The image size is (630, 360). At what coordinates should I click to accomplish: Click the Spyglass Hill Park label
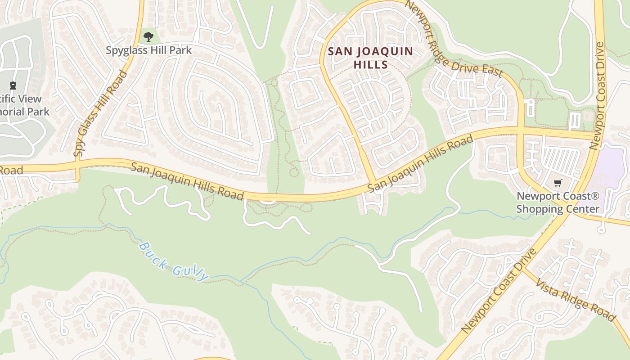coord(148,50)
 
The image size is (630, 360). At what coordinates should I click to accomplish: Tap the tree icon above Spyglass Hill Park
coord(148,36)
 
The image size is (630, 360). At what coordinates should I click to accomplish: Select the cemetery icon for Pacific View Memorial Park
coord(13,85)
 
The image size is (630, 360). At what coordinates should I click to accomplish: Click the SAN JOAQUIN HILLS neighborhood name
coord(370,58)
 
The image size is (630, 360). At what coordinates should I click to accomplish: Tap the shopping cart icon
coord(558,183)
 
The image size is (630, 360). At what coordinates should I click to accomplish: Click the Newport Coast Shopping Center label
coord(558,202)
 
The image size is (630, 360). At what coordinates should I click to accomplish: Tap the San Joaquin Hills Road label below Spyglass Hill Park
coord(187,181)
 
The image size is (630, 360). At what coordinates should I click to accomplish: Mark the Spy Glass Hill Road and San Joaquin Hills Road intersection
coord(77,164)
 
